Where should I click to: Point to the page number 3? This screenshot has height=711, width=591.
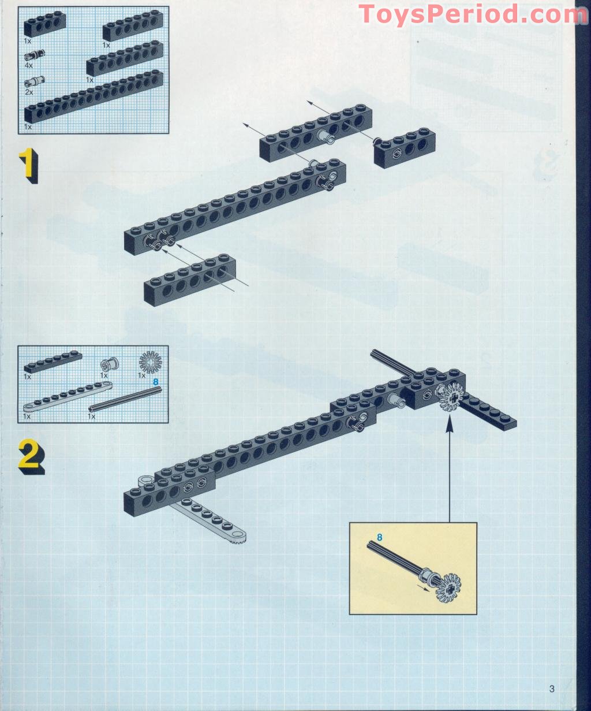point(552,688)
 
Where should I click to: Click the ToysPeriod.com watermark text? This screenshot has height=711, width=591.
point(470,14)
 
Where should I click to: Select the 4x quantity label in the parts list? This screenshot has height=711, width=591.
point(29,66)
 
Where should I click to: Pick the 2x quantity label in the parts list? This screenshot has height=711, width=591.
point(29,92)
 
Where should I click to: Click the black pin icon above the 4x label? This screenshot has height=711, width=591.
point(34,55)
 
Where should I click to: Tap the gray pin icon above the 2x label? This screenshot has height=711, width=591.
point(34,81)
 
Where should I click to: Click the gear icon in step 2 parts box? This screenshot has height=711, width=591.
point(151,362)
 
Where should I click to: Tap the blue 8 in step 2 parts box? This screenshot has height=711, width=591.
point(155,382)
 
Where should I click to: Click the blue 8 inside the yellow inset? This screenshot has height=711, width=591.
point(379,537)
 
